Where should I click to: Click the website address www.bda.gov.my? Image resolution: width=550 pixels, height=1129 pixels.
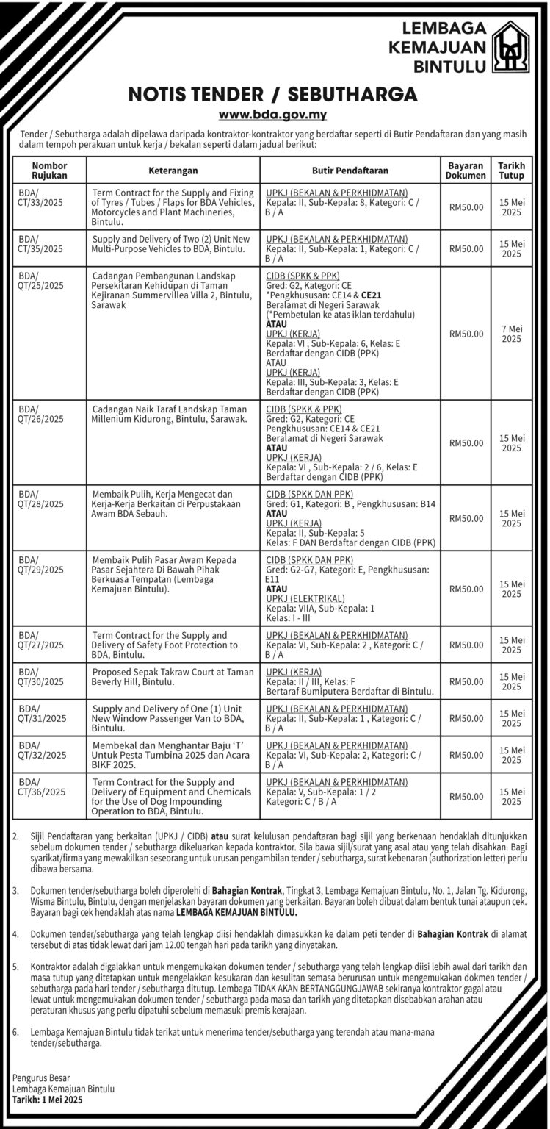point(273,115)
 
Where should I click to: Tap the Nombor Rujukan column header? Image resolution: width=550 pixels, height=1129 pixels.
point(50,171)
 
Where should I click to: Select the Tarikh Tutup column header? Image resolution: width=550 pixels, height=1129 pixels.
point(510,171)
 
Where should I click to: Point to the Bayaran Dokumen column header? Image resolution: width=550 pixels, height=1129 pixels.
point(466,171)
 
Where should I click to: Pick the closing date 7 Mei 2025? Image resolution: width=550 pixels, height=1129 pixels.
point(511,334)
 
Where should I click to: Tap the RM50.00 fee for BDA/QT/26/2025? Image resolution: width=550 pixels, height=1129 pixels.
point(466,443)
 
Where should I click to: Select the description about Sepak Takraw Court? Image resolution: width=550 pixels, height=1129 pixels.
point(173,676)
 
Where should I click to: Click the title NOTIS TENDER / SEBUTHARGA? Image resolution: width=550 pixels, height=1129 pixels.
point(273,94)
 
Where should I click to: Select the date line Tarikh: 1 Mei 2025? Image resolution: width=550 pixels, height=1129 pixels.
point(47,1100)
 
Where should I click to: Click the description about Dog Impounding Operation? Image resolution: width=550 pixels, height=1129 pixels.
point(173,797)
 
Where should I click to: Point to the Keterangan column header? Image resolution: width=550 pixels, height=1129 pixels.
point(173,171)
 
